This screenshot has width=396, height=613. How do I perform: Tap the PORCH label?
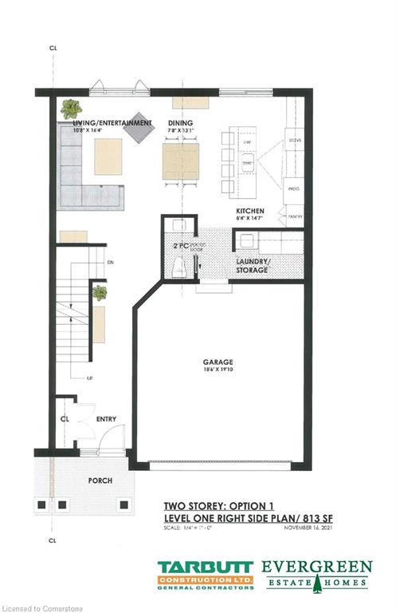tap(100, 481)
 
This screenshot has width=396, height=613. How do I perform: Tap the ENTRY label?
tap(106, 418)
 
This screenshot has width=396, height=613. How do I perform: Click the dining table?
tap(178, 160)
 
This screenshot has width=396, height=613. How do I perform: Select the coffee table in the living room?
tap(108, 156)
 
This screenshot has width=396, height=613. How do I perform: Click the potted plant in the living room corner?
tap(71, 108)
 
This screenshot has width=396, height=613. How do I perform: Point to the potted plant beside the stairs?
tap(99, 293)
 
